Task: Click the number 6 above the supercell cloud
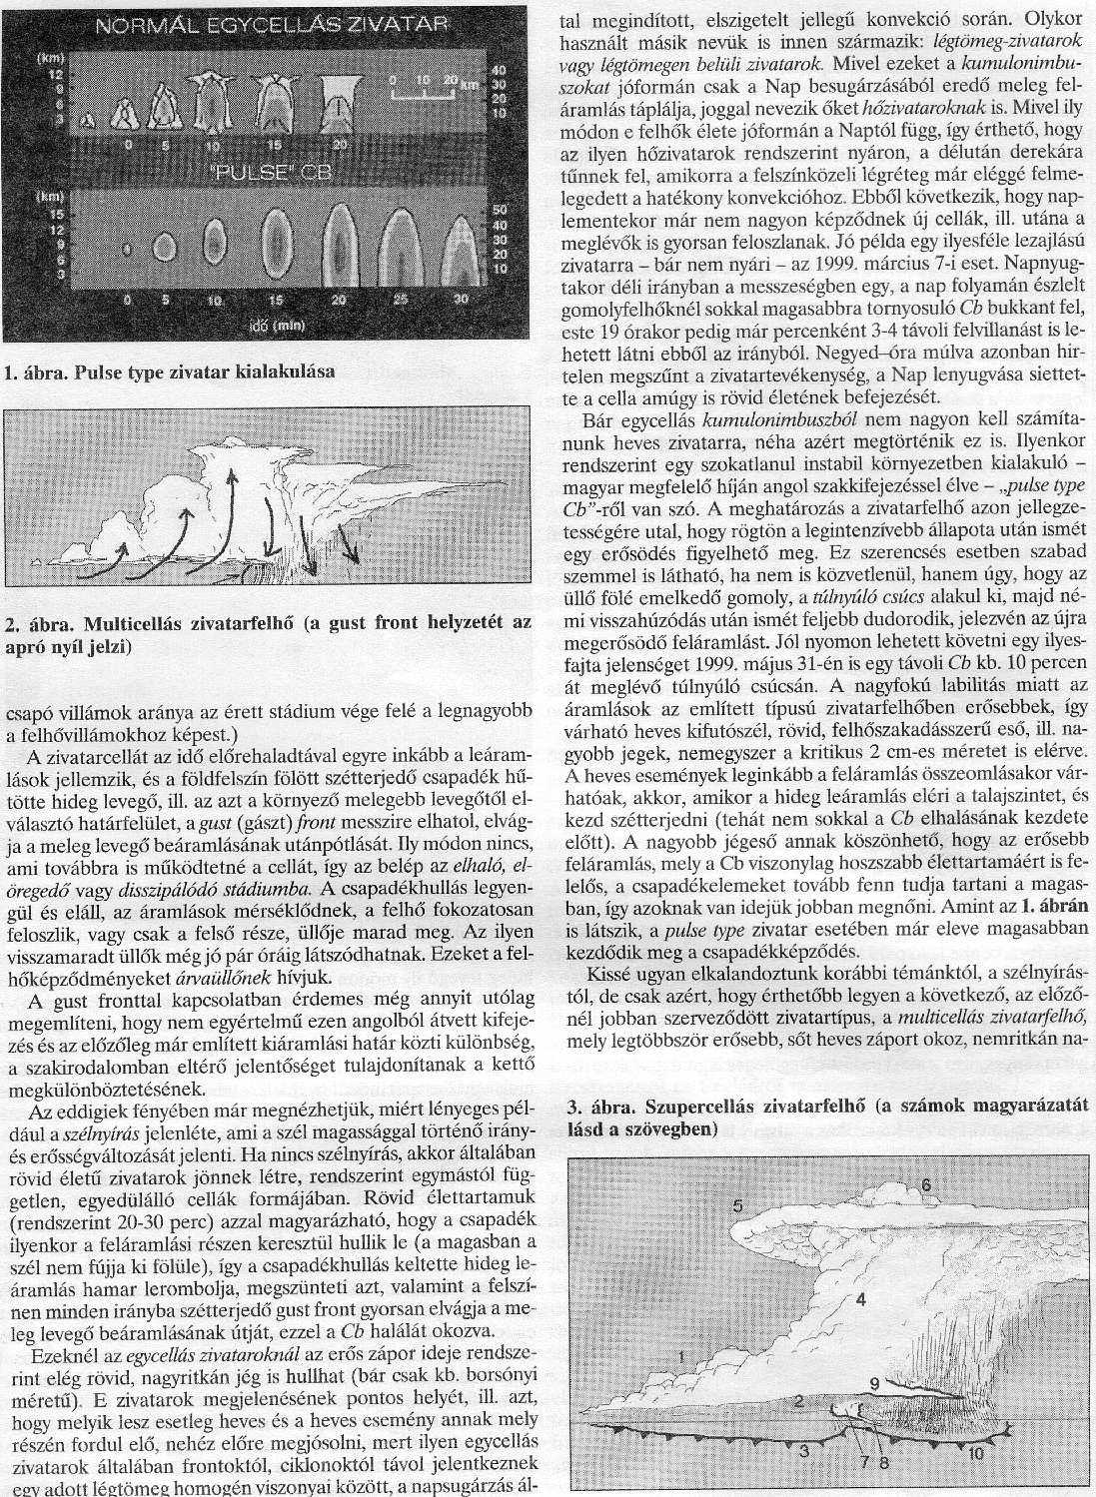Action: pyautogui.click(x=925, y=1184)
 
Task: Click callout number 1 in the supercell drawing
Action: pyautogui.click(x=679, y=1355)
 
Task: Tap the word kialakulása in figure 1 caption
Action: pyautogui.click(x=288, y=374)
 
